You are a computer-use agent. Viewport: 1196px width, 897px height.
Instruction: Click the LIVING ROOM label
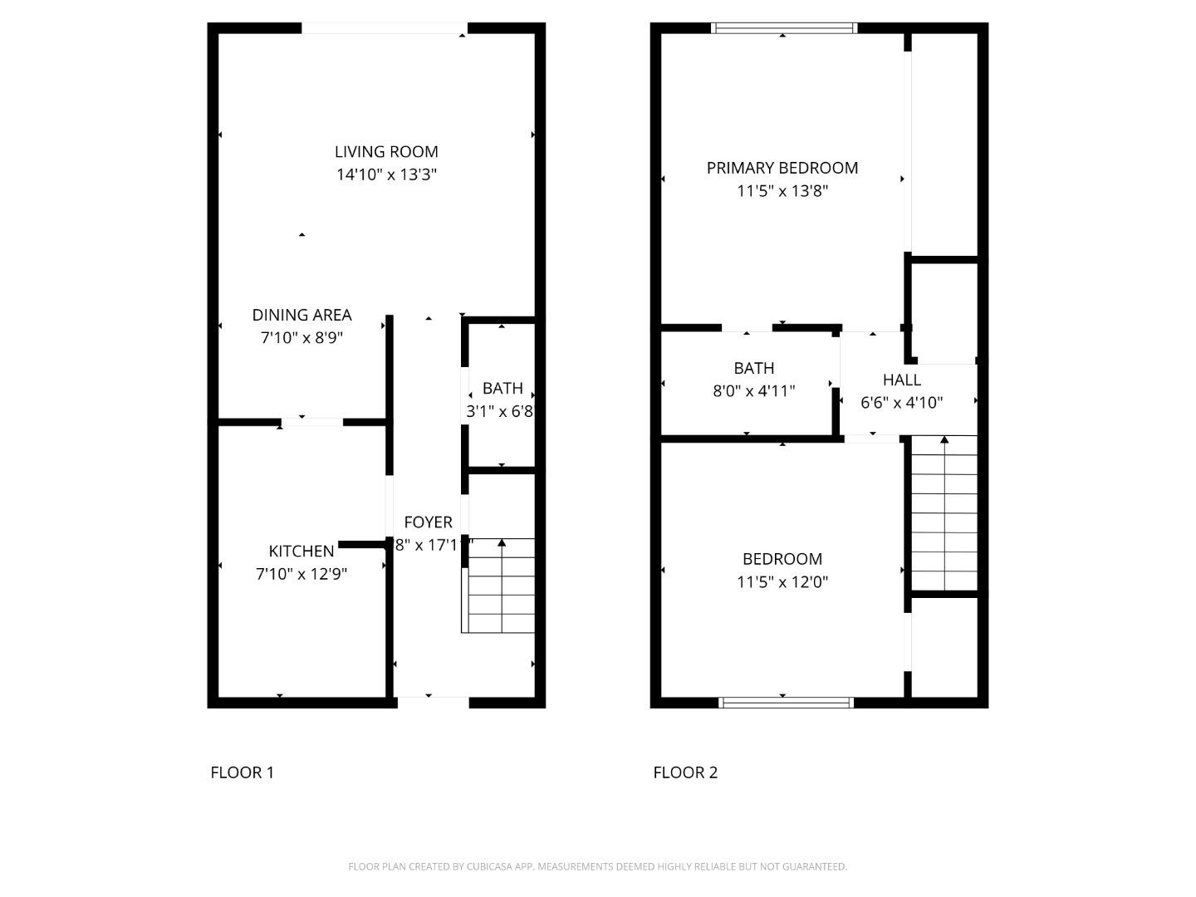[x=386, y=152]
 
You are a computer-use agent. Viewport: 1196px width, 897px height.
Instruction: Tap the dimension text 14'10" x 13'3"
[x=386, y=174]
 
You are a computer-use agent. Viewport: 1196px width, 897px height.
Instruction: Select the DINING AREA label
[x=301, y=315]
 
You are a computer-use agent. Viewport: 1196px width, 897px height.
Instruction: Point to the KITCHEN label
[x=301, y=551]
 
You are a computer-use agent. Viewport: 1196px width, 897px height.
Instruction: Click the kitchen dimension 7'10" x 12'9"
[x=301, y=574]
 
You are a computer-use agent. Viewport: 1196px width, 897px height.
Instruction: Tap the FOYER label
[x=428, y=522]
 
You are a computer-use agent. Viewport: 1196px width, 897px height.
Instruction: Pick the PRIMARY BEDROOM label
[x=782, y=168]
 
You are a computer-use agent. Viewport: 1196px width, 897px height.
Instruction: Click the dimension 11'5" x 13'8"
[x=782, y=191]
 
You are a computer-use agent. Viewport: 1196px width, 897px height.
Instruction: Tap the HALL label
[x=901, y=380]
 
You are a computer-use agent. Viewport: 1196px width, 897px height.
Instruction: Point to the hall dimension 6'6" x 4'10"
[x=901, y=403]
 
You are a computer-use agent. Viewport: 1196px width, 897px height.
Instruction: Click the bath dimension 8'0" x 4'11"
[x=754, y=391]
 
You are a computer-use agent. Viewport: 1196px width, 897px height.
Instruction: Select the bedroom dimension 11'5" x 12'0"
[x=782, y=582]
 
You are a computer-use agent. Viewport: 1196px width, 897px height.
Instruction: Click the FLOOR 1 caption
[x=242, y=772]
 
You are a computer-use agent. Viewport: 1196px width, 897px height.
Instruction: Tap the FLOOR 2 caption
[x=685, y=772]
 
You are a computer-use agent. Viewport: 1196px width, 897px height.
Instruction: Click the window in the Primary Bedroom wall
[x=784, y=28]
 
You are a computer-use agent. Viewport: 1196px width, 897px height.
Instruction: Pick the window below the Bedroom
[x=786, y=703]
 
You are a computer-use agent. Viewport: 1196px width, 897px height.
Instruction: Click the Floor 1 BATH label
[x=502, y=388]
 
